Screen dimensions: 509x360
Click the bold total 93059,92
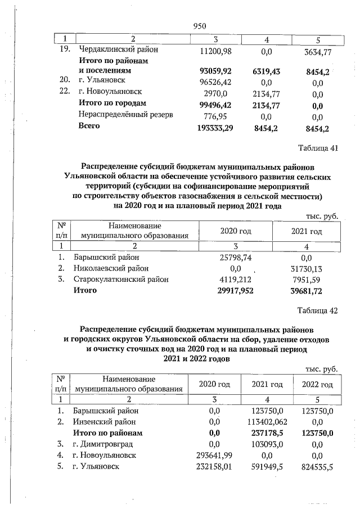pos(217,71)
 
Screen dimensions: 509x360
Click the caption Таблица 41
pos(317,148)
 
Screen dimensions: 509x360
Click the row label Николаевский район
pos(111,268)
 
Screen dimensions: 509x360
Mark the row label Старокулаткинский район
pos(121,279)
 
